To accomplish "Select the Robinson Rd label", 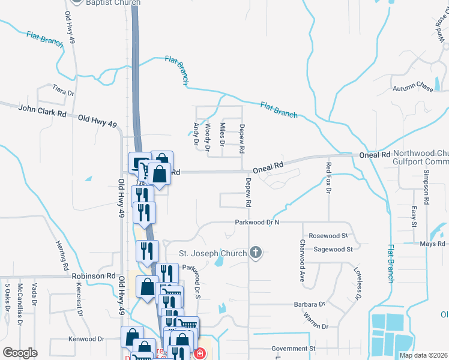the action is click(93, 276).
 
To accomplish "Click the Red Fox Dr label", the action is click(328, 177).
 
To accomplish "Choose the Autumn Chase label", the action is click(412, 89).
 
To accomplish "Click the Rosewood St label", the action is click(327, 236).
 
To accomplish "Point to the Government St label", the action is click(293, 348).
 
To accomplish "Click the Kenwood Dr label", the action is click(86, 339).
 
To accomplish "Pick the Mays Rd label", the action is click(432, 244).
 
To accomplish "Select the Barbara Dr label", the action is click(309, 305).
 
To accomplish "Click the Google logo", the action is click(20, 353).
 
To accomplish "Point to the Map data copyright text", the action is click(423, 355).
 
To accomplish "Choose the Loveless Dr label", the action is click(357, 283).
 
